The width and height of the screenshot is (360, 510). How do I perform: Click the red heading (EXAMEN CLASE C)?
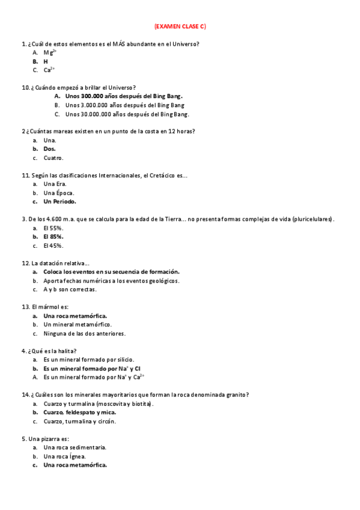[180, 26]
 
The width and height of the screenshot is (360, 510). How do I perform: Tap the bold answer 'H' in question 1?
[46, 61]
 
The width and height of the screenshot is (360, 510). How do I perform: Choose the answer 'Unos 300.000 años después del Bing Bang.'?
[124, 96]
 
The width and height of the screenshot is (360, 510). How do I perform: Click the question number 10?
[25, 87]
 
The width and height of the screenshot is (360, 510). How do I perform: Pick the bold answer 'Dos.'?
[49, 149]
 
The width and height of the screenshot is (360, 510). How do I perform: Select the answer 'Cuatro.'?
[53, 158]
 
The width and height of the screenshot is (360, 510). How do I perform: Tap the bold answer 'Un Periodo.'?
[59, 201]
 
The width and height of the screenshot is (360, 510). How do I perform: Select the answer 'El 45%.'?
[53, 245]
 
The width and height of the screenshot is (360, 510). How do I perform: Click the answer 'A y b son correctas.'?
[70, 289]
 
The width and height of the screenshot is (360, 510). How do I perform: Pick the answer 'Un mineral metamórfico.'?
[78, 325]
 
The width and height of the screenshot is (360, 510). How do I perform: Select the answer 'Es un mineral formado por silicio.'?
[88, 360]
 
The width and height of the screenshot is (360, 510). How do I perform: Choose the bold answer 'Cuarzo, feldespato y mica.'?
[79, 413]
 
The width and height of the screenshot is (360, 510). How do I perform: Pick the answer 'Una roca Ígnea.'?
[64, 456]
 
